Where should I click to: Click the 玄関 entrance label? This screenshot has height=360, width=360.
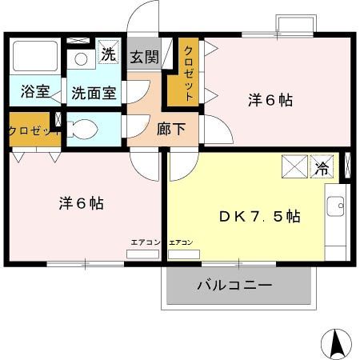145,58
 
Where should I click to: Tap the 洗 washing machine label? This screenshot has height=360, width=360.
108,55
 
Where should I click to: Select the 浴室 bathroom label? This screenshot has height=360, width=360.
35,92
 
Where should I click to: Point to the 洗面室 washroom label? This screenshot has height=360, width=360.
94,92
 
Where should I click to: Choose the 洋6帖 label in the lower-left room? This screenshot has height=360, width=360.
80,202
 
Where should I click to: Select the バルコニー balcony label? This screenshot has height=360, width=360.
234,286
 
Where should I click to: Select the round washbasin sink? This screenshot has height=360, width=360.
80,58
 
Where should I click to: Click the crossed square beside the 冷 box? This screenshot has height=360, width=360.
294,166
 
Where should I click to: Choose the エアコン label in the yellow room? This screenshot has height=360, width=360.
182,242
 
